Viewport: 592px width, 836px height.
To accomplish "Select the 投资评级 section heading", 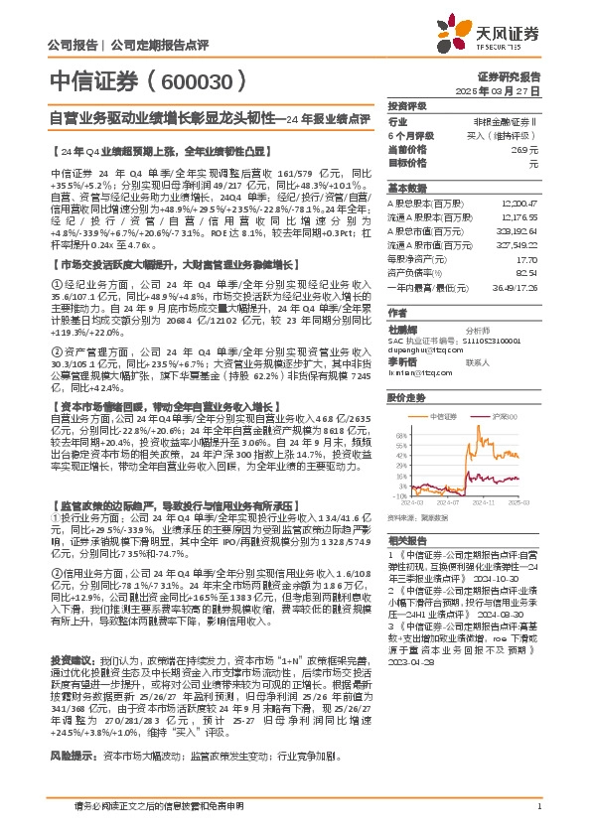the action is click(406, 105).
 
